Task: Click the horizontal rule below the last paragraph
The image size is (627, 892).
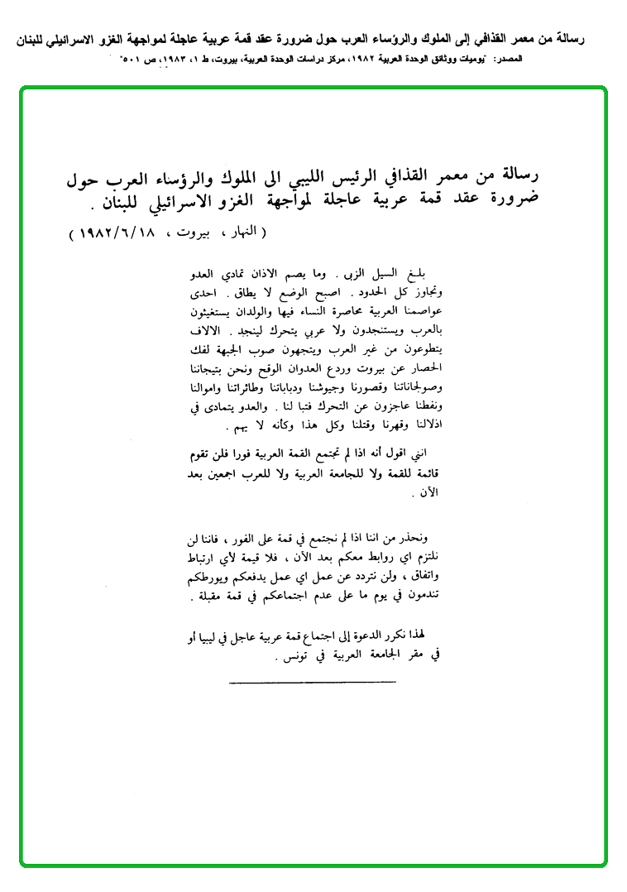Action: [311, 683]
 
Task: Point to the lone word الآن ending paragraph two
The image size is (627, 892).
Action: [431, 494]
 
